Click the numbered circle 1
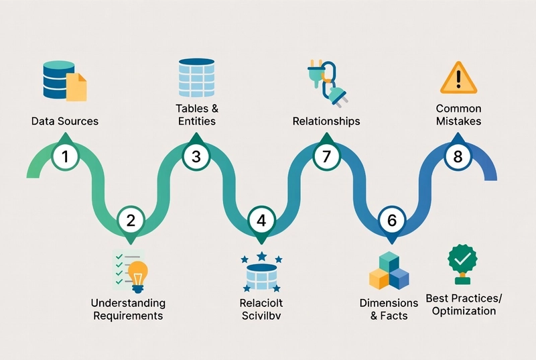pos(65,158)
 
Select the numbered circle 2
pos(131,220)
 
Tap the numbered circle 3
pos(196,158)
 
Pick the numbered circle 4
pos(261,220)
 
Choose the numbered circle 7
pos(326,158)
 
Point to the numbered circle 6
pos(392,220)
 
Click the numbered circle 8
pos(458,158)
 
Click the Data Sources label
pos(65,121)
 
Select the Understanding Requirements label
pos(129,309)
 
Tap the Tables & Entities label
pos(196,115)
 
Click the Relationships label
pos(326,121)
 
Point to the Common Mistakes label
pos(458,115)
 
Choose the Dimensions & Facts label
pos(389,309)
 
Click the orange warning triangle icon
pos(458,78)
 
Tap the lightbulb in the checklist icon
pos(137,276)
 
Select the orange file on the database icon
pos(77,87)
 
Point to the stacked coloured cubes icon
pos(389,270)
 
